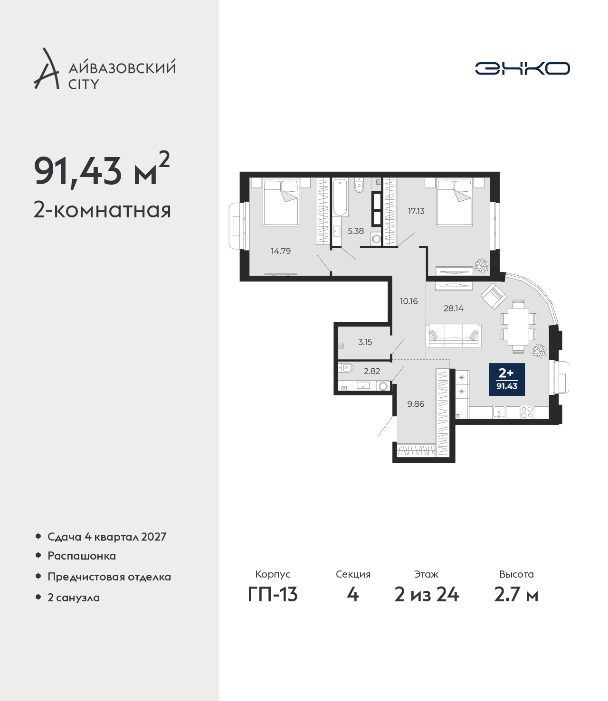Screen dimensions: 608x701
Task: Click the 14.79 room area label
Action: pyautogui.click(x=281, y=251)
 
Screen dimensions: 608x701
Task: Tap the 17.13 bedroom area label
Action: pyautogui.click(x=416, y=211)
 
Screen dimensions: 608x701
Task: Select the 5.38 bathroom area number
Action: pyautogui.click(x=356, y=231)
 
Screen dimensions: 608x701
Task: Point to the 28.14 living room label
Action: pyautogui.click(x=454, y=308)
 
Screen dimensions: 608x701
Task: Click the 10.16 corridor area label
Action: pyautogui.click(x=408, y=301)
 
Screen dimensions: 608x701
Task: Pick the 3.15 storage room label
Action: pyautogui.click(x=365, y=342)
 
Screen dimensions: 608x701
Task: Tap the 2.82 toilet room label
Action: pyautogui.click(x=372, y=371)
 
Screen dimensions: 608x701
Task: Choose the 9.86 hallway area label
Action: pyautogui.click(x=416, y=404)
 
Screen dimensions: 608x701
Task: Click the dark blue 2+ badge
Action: pyautogui.click(x=507, y=379)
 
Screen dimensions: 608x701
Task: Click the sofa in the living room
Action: pyautogui.click(x=454, y=335)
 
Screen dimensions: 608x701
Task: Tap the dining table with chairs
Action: pyautogui.click(x=518, y=326)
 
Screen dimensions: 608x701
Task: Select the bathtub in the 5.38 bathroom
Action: pyautogui.click(x=340, y=197)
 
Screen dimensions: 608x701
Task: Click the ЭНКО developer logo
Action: pyautogui.click(x=522, y=68)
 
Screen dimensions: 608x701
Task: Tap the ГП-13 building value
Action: pyautogui.click(x=273, y=604)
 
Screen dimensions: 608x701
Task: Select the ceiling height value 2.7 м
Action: pyautogui.click(x=516, y=604)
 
